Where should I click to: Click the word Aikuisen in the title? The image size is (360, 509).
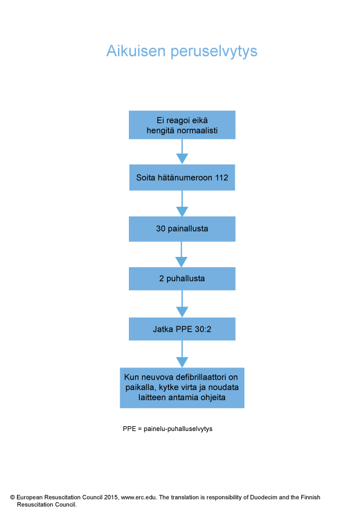click(136, 51)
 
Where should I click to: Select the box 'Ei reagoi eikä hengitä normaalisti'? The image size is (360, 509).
click(182, 125)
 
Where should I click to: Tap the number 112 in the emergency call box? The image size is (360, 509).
click(221, 178)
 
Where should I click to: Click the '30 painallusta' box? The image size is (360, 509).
click(182, 229)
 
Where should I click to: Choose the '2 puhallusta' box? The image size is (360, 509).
click(182, 279)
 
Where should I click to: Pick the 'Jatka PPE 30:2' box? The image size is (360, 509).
click(182, 329)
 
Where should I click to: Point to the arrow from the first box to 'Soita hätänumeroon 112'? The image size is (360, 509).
click(182, 152)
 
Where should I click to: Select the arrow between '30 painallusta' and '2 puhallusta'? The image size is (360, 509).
click(182, 254)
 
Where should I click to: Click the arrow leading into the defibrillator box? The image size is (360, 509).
click(182, 354)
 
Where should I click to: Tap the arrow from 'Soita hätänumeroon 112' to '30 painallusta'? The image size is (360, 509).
click(182, 204)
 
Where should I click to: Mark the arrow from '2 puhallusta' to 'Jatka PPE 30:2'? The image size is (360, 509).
click(182, 303)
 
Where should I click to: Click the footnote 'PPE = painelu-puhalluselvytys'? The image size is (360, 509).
click(168, 429)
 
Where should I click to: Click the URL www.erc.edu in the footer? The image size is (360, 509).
click(139, 498)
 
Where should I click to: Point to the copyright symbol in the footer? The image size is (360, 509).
click(12, 498)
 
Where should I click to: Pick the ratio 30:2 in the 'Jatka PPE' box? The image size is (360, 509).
click(203, 329)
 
